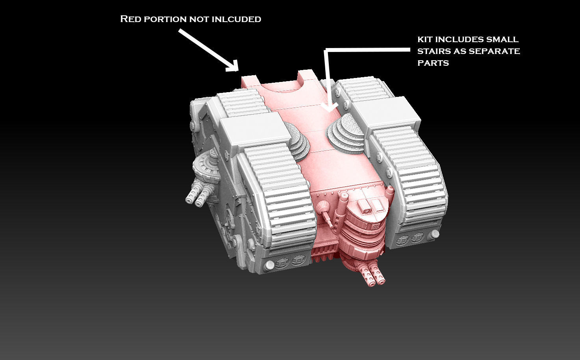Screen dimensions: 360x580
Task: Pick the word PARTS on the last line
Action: pos(433,63)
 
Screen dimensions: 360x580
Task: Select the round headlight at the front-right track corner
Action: pos(435,235)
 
